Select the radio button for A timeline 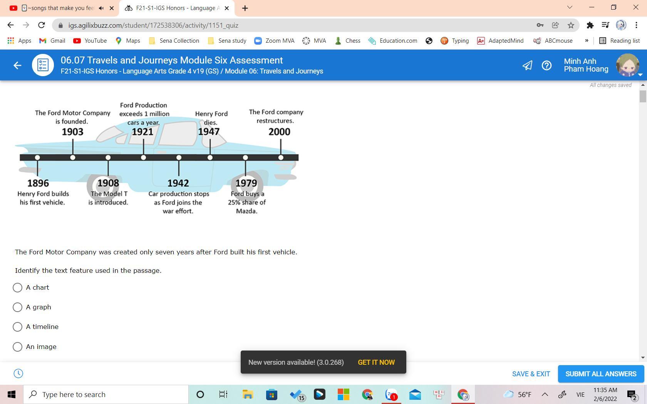(17, 327)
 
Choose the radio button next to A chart (17, 287)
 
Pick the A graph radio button (17, 307)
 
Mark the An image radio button (17, 347)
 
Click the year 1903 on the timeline (72, 132)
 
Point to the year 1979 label (246, 183)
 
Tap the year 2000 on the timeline (279, 132)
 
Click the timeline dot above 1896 (37, 158)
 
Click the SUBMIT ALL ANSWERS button (601, 374)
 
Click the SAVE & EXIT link (531, 374)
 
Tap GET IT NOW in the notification (376, 362)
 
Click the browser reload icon (42, 25)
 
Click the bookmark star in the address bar (571, 25)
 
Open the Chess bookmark (347, 41)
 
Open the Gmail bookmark (52, 41)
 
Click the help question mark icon (546, 65)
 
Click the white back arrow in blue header (17, 65)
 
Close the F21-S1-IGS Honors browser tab (227, 8)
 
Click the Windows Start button (11, 394)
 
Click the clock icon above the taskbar (18, 373)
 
